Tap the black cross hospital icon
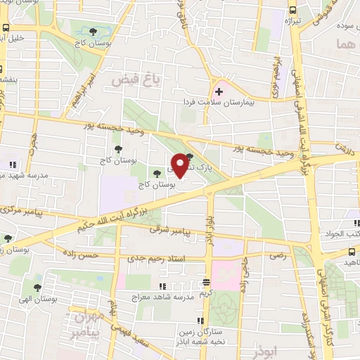click(218, 91)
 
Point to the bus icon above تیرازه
click(292, 11)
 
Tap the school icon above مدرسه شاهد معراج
click(162, 286)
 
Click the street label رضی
click(279, 256)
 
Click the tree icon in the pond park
click(94, 32)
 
